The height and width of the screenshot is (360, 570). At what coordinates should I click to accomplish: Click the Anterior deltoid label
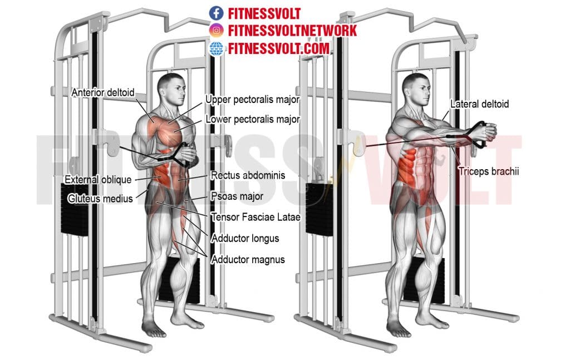click(x=103, y=92)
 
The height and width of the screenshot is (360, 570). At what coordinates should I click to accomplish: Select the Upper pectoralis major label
click(x=253, y=100)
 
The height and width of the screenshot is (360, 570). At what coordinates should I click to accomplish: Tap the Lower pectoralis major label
click(x=253, y=119)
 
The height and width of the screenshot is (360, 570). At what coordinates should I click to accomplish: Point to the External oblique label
click(x=98, y=180)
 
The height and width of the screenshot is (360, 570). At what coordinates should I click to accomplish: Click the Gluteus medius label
click(x=100, y=198)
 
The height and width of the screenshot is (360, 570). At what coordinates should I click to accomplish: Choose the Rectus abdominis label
click(x=248, y=175)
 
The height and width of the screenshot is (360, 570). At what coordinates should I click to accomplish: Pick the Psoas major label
click(x=237, y=196)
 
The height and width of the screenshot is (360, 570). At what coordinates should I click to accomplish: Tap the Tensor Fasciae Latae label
click(x=255, y=217)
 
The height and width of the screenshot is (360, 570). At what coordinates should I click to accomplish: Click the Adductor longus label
click(x=245, y=238)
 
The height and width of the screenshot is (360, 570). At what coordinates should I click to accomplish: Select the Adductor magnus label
click(x=248, y=259)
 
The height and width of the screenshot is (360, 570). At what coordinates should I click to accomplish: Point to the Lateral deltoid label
click(x=479, y=104)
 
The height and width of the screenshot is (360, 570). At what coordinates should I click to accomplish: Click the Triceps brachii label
click(x=488, y=172)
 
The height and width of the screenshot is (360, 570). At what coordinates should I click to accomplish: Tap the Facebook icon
click(x=216, y=13)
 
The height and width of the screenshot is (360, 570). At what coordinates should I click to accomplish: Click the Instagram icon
click(x=216, y=30)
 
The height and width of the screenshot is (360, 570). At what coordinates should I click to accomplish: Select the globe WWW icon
click(x=216, y=48)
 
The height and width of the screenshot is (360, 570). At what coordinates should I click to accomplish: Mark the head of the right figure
click(x=415, y=89)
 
